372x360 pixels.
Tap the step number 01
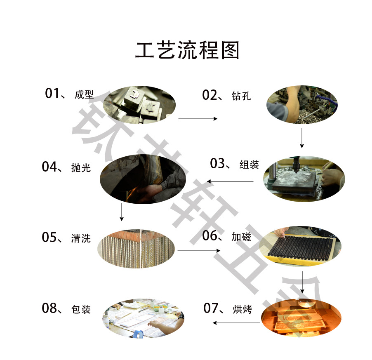pos(52,94)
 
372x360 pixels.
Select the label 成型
pos(84,95)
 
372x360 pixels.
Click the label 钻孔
pos(241,96)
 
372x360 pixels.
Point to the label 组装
pos(249,164)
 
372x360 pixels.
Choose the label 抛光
pos(80,167)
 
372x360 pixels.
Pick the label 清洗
pos(80,238)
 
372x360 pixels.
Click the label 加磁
pos(241,237)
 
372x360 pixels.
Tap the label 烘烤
pos(242,309)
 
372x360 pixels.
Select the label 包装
pos(81,309)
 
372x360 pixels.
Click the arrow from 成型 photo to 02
pos(198,119)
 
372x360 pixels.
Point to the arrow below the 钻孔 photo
pos(302,138)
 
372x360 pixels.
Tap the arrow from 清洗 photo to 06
pos(198,251)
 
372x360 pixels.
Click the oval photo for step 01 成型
pos(139,106)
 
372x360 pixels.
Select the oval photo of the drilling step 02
pos(301,105)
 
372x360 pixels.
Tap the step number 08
pos(49,308)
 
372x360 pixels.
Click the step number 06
pos(210,236)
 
